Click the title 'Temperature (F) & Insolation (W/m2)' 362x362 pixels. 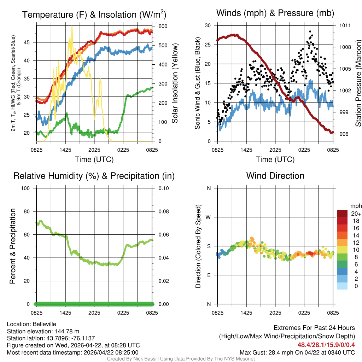pyautogui.click(x=94, y=14)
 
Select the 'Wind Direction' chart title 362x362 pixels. pyautogui.click(x=275, y=176)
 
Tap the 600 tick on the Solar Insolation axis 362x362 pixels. pyautogui.click(x=163, y=26)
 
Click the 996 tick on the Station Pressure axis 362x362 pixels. pyautogui.click(x=345, y=134)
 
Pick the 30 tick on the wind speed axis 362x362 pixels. pyautogui.click(x=208, y=25)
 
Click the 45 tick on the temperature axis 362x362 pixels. pyautogui.click(x=28, y=42)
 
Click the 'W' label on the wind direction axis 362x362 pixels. pyautogui.click(x=209, y=217)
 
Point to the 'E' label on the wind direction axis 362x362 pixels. pyautogui.click(x=209, y=275)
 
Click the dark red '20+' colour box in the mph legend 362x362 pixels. pyautogui.click(x=342, y=214)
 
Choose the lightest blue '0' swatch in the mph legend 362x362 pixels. pyautogui.click(x=342, y=286)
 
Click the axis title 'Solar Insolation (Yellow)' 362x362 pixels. pyautogui.click(x=175, y=83)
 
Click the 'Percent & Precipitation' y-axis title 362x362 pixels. pyautogui.click(x=13, y=246)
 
